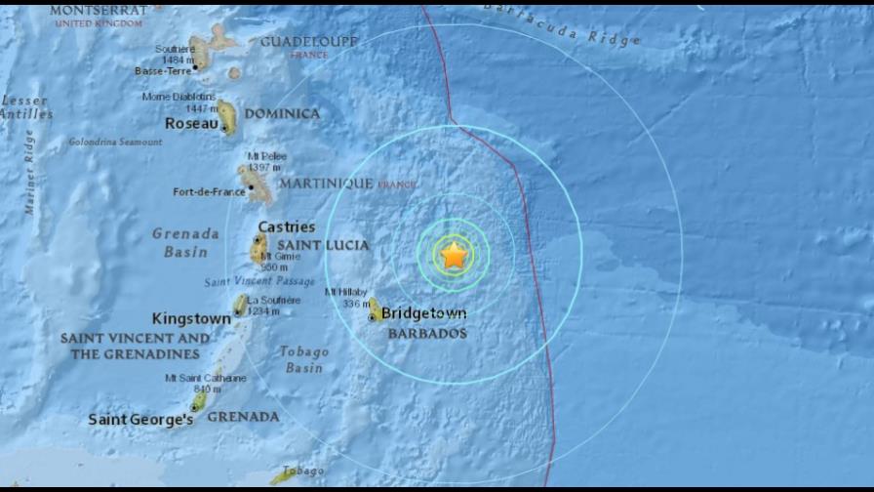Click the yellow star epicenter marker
click(454, 256)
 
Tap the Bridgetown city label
click(423, 314)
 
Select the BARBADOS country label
click(427, 334)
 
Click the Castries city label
click(286, 227)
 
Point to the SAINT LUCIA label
click(324, 245)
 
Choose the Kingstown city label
click(191, 319)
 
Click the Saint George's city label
click(140, 420)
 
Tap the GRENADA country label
click(243, 417)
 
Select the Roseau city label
click(190, 124)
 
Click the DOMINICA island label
click(282, 114)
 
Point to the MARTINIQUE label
click(326, 184)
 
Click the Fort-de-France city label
click(209, 192)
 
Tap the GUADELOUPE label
click(308, 42)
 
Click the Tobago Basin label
click(303, 359)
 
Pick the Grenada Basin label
click(185, 243)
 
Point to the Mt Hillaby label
click(345, 292)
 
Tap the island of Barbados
click(375, 310)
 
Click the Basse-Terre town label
click(162, 70)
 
